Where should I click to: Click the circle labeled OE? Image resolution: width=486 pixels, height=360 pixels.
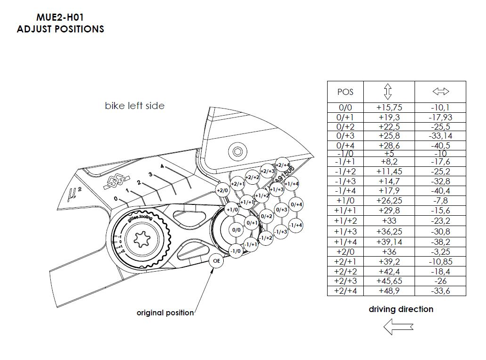tap(217, 261)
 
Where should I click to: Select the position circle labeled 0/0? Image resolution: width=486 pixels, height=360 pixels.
tap(236, 230)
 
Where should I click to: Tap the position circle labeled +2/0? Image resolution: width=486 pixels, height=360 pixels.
tap(222, 190)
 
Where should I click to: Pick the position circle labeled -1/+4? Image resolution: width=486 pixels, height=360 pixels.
tap(296, 226)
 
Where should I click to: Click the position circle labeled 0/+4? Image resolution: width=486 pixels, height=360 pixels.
tap(296, 204)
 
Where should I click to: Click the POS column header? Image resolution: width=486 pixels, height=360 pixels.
tap(345, 92)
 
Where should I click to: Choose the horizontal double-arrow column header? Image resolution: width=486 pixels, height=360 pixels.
tap(440, 91)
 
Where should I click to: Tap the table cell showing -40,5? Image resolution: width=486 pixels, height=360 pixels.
tap(440, 146)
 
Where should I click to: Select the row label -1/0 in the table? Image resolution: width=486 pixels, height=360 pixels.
tap(345, 153)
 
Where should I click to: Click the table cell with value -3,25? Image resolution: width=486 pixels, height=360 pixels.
tap(440, 252)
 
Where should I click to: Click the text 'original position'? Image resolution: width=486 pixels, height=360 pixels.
tap(165, 313)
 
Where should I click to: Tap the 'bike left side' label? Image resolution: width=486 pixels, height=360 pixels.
tap(134, 106)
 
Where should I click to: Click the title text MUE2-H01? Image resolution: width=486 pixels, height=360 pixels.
tap(60, 18)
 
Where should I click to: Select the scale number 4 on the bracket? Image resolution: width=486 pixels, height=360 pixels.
tap(162, 166)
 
